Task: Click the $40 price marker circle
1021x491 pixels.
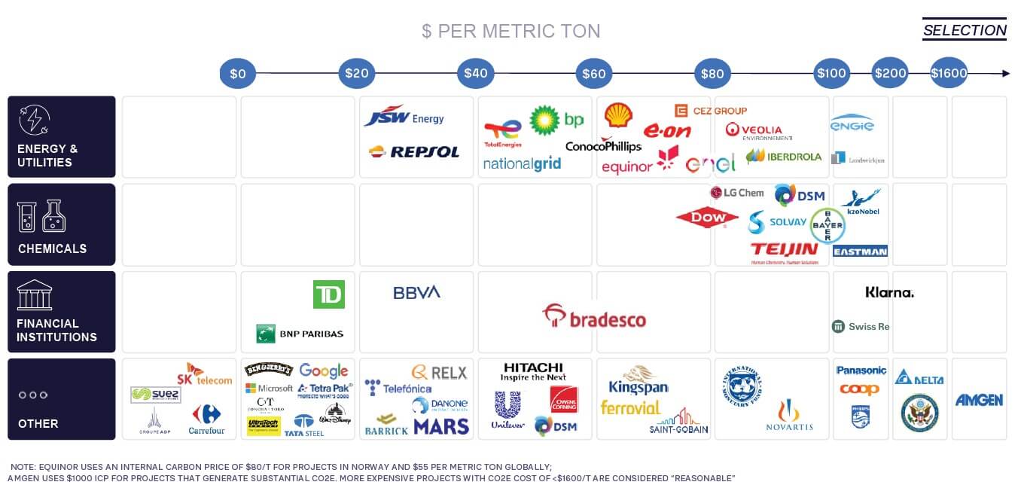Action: pos(475,74)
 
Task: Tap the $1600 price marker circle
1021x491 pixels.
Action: pos(948,74)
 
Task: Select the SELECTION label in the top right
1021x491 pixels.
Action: pos(965,30)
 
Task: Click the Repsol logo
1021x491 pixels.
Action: pos(414,151)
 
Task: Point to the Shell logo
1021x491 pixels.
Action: pos(618,115)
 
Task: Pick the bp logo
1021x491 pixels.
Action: pos(556,120)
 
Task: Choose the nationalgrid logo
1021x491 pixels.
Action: pos(522,163)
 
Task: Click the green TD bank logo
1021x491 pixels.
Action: pos(328,294)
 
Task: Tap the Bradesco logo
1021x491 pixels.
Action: pos(594,317)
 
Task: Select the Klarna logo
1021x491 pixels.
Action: pos(889,292)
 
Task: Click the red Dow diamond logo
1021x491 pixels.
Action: pos(706,218)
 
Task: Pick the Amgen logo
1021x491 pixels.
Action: pos(979,400)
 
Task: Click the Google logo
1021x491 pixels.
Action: pos(324,371)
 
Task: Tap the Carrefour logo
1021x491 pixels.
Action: pos(206,419)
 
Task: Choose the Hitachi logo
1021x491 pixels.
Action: pos(533,371)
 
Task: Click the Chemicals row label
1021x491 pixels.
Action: pos(52,249)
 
